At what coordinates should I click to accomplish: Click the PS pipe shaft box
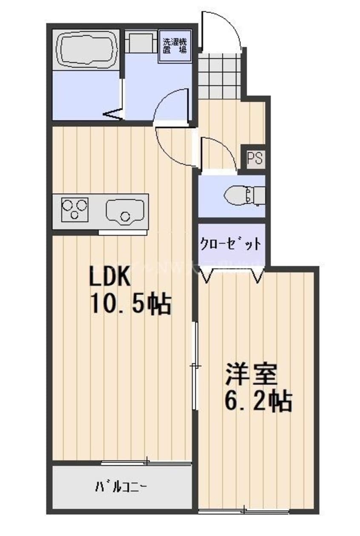coord(255,158)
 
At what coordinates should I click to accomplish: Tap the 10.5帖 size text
coord(130,304)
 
